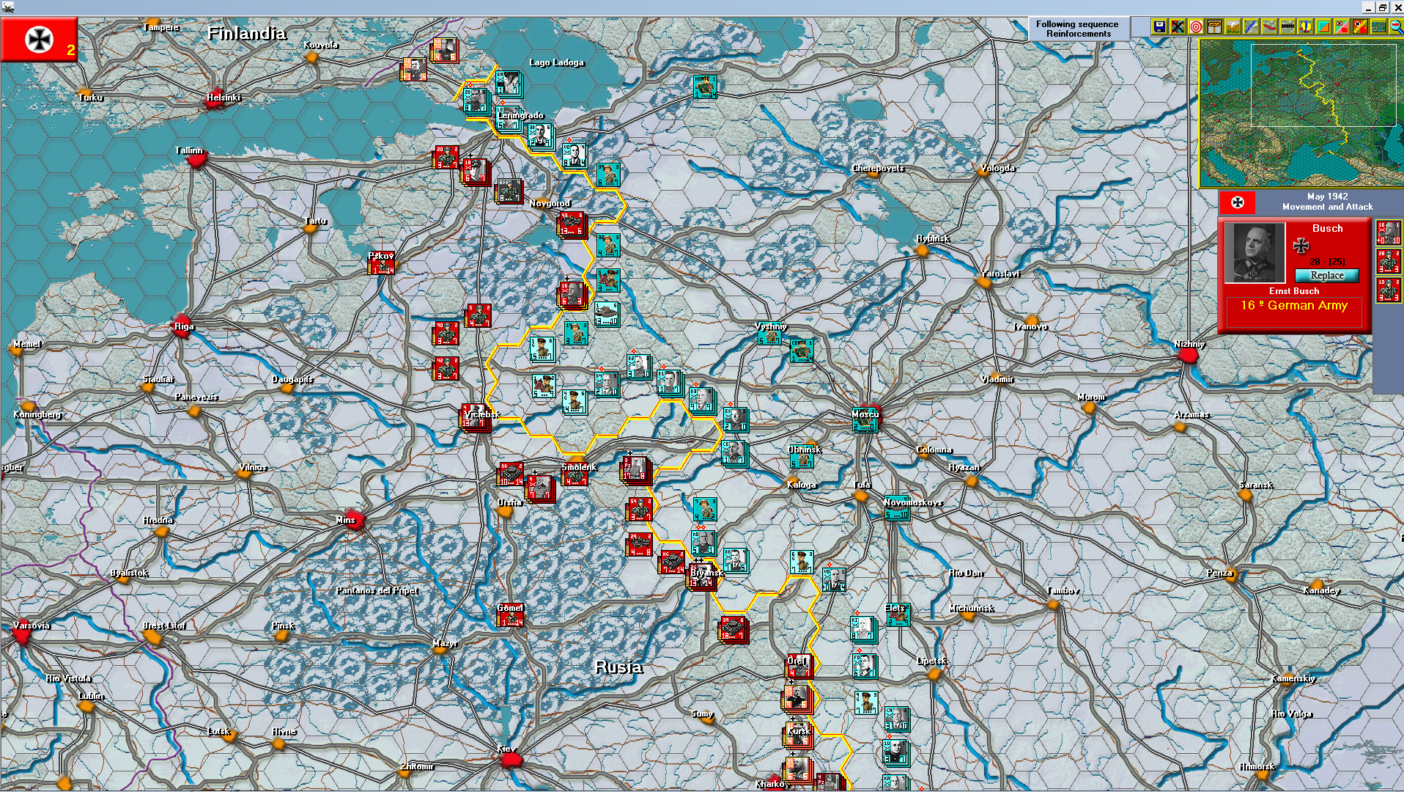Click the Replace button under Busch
tap(1327, 276)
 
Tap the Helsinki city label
tap(223, 98)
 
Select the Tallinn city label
tap(189, 150)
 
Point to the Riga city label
tap(184, 326)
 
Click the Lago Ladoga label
tap(556, 62)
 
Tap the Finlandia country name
tap(246, 34)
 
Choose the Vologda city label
tap(997, 168)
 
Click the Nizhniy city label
tap(1189, 344)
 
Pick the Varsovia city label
tap(32, 626)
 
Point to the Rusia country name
tap(618, 667)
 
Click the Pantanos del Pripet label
tap(377, 590)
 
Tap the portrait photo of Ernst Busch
tap(1255, 253)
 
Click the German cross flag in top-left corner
tap(39, 40)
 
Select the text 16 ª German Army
tap(1294, 306)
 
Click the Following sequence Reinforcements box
tap(1077, 29)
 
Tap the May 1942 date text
tap(1327, 197)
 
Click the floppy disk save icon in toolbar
tap(1159, 27)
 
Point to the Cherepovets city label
tap(878, 168)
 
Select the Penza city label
tap(1219, 573)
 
